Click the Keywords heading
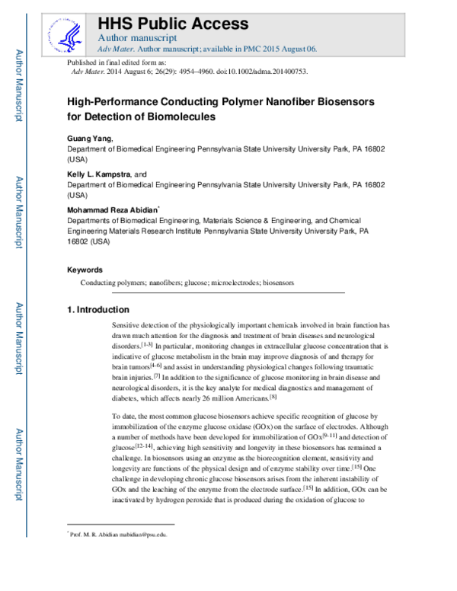tap(85, 270)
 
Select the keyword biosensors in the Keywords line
tap(278, 283)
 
